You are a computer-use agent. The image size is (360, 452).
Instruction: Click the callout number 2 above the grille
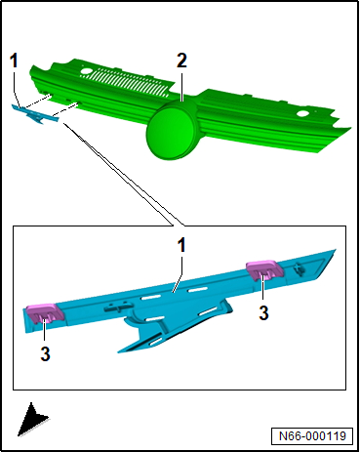click(x=181, y=61)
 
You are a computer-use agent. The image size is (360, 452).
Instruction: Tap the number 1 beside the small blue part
click(x=14, y=61)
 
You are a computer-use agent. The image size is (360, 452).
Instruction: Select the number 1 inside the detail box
click(x=181, y=245)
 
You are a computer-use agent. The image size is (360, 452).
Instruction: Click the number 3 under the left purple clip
click(x=46, y=353)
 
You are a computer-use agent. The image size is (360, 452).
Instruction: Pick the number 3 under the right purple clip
click(x=263, y=312)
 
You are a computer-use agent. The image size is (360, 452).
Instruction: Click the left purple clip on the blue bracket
click(x=45, y=313)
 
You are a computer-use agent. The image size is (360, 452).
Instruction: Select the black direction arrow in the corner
click(x=32, y=420)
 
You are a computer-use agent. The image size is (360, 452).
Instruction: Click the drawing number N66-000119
click(x=312, y=435)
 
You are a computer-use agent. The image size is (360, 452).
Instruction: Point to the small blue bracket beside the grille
click(x=35, y=114)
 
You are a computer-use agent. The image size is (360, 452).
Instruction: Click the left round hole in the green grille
click(x=87, y=70)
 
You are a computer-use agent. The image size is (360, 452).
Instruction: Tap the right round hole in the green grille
click(x=303, y=114)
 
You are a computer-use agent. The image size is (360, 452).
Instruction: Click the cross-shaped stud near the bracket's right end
click(x=299, y=268)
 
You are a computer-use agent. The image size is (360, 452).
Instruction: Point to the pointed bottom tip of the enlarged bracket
click(x=119, y=351)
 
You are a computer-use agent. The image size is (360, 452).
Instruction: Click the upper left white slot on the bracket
click(x=150, y=297)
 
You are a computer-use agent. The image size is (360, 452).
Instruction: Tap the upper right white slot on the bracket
click(x=197, y=290)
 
